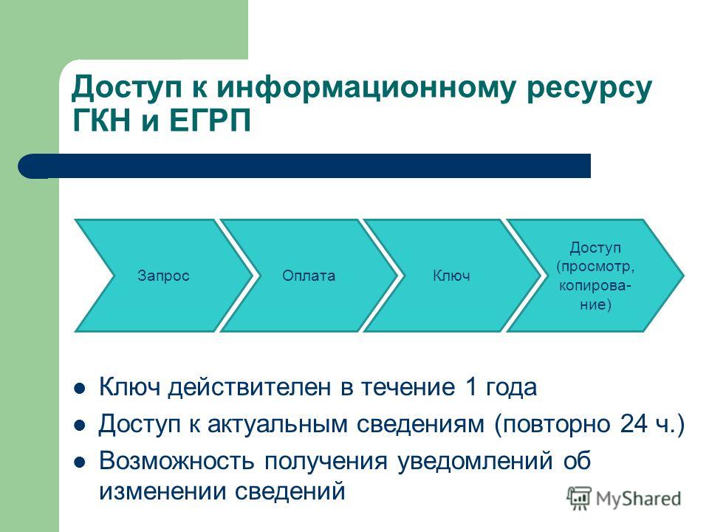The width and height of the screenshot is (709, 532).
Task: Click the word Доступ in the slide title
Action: [x=127, y=87]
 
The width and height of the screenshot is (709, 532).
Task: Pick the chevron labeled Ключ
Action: [x=452, y=276]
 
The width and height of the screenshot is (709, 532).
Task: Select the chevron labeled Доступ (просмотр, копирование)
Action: [x=595, y=276]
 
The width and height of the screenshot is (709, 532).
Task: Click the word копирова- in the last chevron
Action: [x=595, y=286]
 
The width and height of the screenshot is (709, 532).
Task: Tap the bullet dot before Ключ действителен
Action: [x=80, y=388]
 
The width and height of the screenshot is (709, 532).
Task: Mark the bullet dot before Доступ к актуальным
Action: [x=80, y=426]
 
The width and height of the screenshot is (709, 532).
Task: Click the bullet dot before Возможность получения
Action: [x=80, y=463]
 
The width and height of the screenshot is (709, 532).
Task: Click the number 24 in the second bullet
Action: [x=634, y=424]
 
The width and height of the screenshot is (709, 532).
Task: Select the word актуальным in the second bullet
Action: [x=277, y=426]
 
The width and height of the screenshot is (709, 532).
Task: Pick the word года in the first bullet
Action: [x=511, y=388]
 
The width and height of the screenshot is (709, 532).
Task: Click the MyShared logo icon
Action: [x=579, y=499]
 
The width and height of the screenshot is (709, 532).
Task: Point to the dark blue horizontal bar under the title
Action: [x=304, y=166]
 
